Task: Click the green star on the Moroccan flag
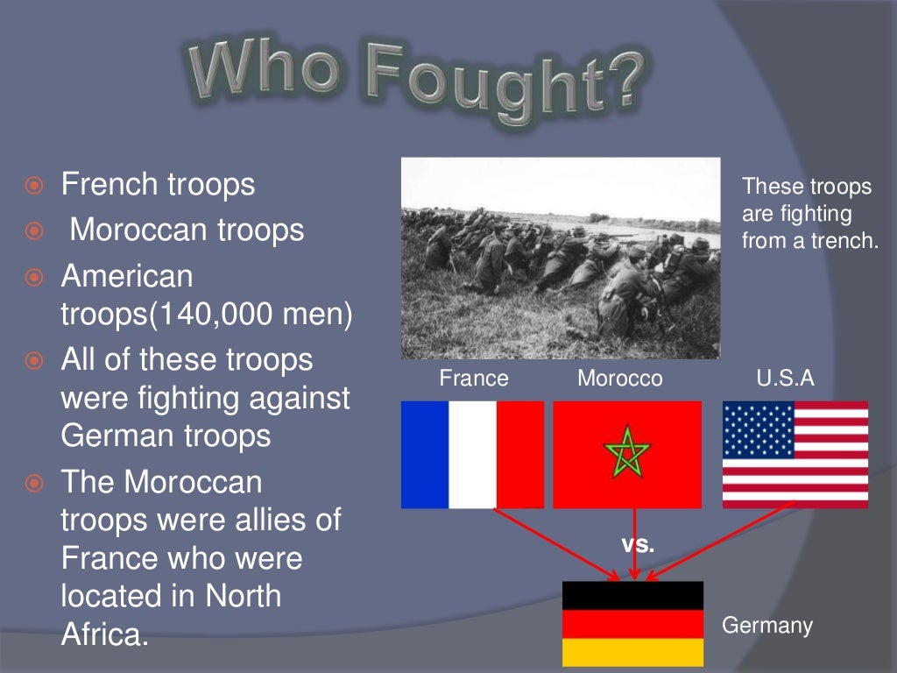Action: point(627,454)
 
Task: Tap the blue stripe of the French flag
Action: point(425,454)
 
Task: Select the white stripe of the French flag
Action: point(472,454)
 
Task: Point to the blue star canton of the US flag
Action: point(759,429)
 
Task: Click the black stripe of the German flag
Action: point(632,595)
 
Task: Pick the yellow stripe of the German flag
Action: point(632,652)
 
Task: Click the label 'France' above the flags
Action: point(474,379)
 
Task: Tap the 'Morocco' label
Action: point(620,379)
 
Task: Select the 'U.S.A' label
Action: point(785,379)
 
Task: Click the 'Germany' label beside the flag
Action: point(767,626)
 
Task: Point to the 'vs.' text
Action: point(638,544)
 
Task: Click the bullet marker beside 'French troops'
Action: point(34,186)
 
